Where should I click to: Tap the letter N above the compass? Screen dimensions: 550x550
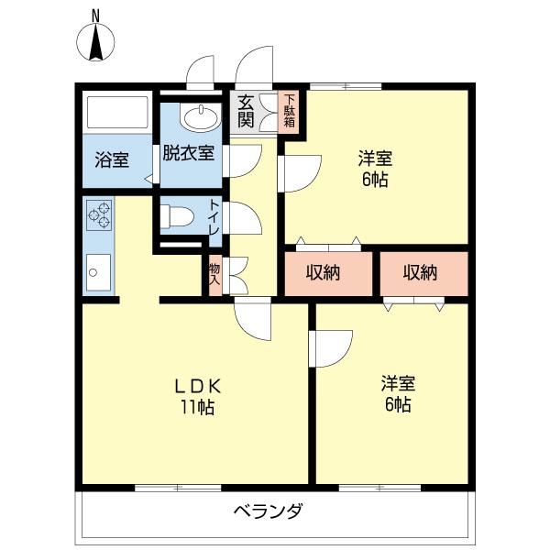tap(95, 16)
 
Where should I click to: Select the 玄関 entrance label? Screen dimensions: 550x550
tap(246, 111)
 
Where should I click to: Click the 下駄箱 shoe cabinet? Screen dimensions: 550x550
tap(289, 112)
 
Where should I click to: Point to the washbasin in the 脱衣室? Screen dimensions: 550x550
tap(200, 116)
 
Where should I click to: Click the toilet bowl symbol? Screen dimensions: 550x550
tap(177, 215)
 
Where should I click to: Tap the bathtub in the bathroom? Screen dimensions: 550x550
tap(117, 112)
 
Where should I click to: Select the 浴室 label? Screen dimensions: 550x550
tap(112, 159)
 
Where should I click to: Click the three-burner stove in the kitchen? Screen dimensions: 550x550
tap(99, 215)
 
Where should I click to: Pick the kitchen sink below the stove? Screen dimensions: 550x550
tap(99, 272)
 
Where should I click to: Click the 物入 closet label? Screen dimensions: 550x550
tap(214, 274)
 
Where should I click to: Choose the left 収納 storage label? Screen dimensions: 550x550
tap(323, 272)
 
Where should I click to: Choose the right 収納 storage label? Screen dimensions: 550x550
tap(420, 272)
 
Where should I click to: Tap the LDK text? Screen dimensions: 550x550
tap(198, 386)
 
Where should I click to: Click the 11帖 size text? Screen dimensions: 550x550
tap(197, 407)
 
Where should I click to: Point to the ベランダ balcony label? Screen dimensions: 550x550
tap(268, 511)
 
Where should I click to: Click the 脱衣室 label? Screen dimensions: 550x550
tap(188, 152)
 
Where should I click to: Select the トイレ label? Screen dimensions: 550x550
tap(214, 216)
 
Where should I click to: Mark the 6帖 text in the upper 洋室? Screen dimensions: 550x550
tap(375, 180)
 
